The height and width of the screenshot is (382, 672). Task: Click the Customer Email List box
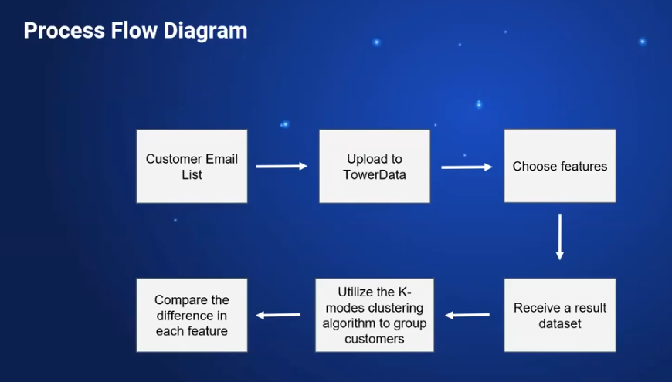192,166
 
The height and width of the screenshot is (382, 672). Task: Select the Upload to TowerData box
374,166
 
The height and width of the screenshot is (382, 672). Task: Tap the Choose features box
559,166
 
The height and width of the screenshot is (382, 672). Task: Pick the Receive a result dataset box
559,315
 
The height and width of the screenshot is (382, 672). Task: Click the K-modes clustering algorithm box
374,315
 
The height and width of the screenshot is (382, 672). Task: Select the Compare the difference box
192,315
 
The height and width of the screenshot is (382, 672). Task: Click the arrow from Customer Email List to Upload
282,166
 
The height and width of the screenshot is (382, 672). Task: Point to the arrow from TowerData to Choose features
467,167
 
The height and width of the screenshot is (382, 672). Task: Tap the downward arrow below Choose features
559,237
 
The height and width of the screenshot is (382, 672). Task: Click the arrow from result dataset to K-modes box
467,315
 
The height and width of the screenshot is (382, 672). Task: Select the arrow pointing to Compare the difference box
278,315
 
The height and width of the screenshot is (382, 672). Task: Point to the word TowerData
375,174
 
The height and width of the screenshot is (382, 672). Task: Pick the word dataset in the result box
559,323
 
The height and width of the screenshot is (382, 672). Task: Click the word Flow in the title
131,31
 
